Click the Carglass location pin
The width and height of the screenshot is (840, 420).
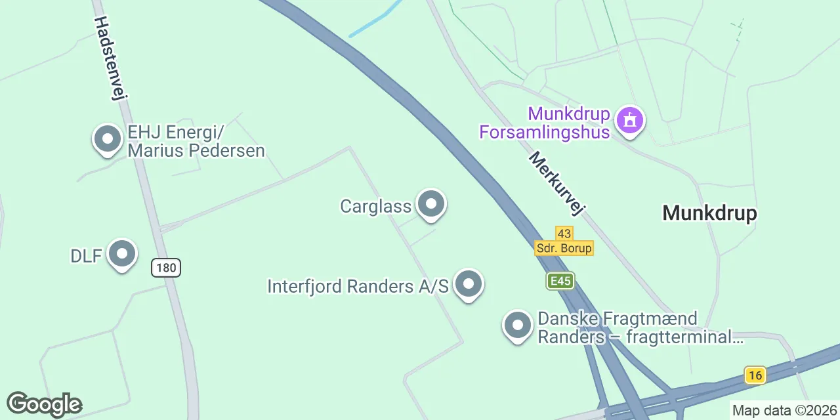430,205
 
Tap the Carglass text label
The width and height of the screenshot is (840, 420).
375,206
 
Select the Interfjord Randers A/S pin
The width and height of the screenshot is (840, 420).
468,285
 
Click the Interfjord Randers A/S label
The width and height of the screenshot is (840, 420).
358,286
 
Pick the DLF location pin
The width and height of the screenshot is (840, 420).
121,254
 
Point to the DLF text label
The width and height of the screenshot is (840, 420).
86,255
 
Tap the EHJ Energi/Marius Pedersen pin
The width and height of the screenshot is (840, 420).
107,139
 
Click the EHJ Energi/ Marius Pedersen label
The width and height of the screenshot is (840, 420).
196,142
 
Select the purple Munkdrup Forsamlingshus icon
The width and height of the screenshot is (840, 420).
630,120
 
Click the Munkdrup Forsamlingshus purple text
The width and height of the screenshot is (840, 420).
545,123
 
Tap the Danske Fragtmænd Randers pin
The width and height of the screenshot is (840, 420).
518,325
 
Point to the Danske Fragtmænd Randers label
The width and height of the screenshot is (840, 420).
640,328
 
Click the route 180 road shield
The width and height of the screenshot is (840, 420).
166,268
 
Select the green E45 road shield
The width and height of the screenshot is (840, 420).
560,281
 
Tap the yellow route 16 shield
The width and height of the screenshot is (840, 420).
755,375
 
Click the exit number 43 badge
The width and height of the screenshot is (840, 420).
564,234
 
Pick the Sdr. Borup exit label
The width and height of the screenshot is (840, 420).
564,248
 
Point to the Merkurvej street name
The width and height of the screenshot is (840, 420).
556,184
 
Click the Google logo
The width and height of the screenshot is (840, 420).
44,404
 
